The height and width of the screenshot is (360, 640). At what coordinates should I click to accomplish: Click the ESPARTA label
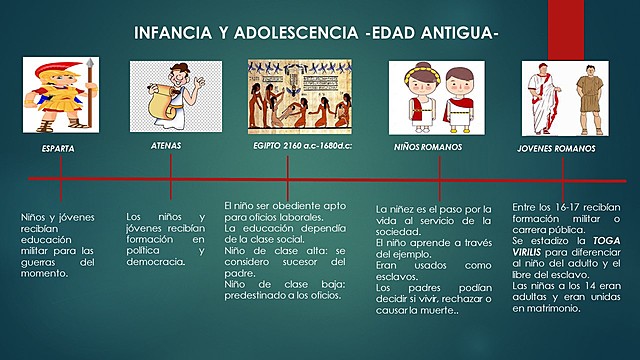(x=57, y=148)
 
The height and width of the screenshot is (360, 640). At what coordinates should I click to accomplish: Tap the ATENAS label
(x=165, y=145)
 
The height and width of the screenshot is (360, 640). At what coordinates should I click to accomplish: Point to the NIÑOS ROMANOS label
(x=427, y=148)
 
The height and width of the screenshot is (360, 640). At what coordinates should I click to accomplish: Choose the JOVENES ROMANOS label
(x=555, y=148)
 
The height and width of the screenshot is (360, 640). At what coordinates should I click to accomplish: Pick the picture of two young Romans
(x=561, y=98)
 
